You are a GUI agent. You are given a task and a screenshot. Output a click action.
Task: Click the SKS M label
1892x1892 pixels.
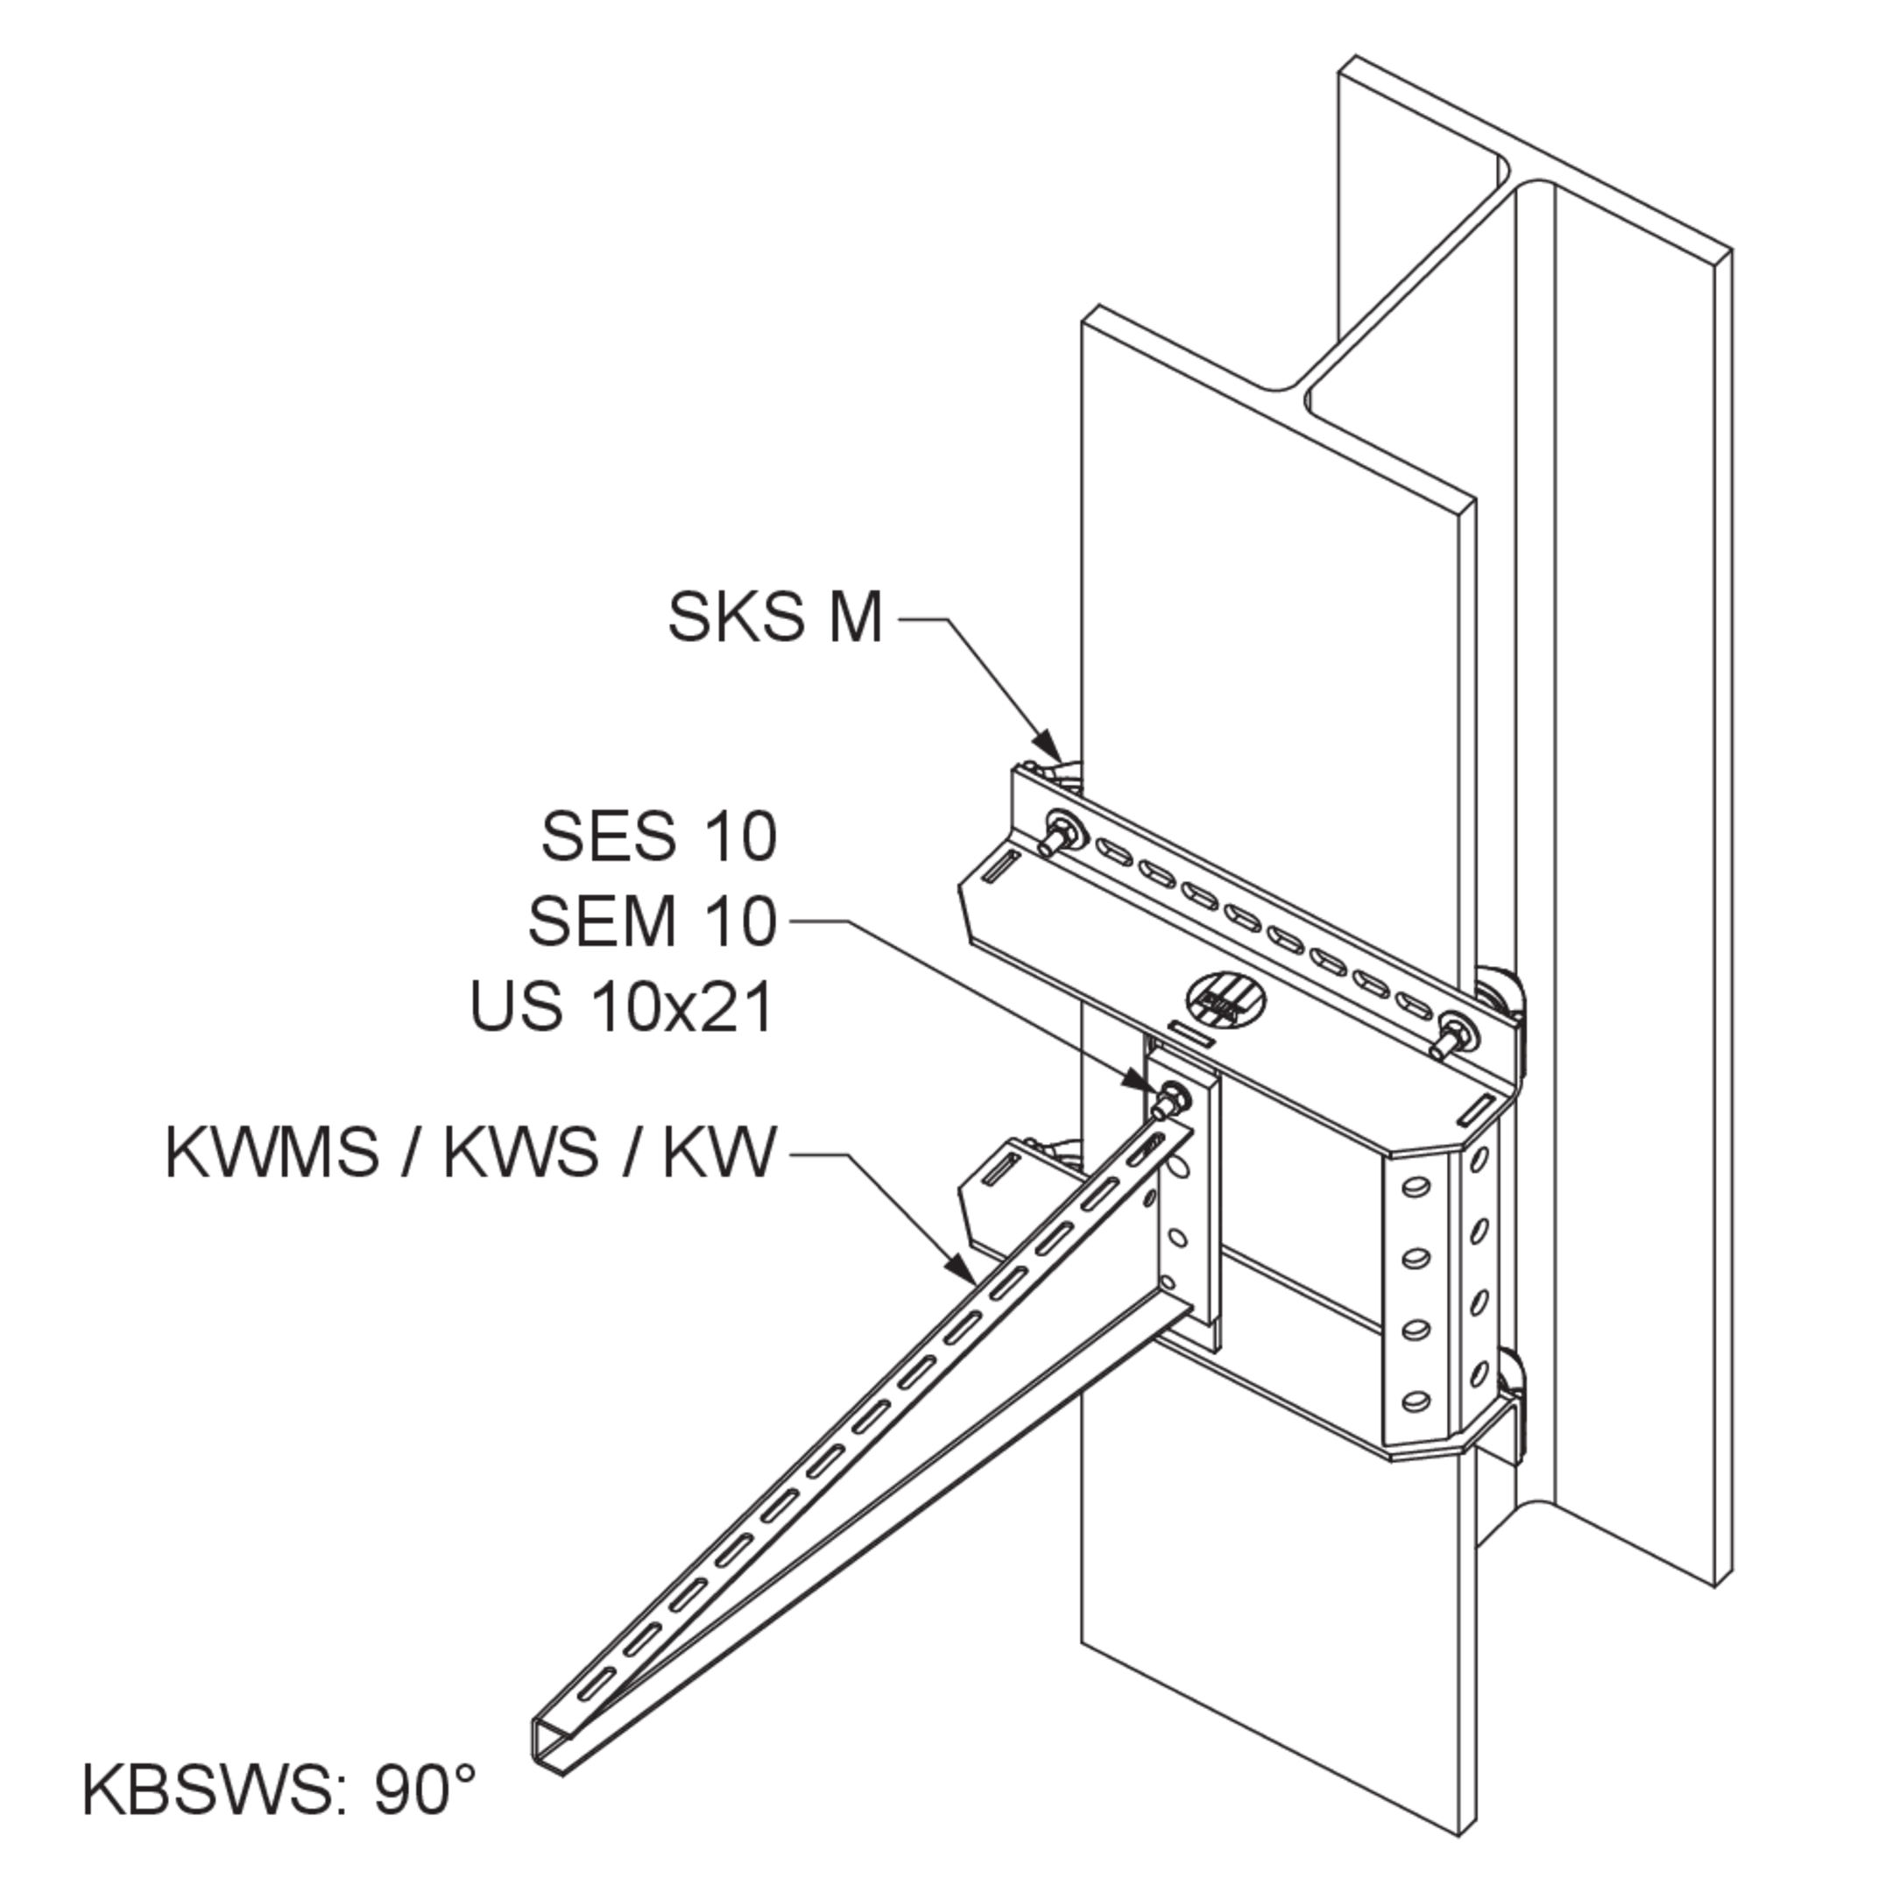pyautogui.click(x=774, y=617)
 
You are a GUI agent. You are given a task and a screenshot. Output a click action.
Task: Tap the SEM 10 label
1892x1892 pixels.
pyautogui.click(x=653, y=921)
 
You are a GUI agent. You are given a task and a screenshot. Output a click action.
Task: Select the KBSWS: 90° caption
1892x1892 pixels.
pyautogui.click(x=279, y=1817)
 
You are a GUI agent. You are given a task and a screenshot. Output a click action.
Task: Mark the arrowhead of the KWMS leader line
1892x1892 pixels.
pyautogui.click(x=962, y=1267)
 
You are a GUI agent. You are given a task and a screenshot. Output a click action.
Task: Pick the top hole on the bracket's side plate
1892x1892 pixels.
pyautogui.click(x=1414, y=1188)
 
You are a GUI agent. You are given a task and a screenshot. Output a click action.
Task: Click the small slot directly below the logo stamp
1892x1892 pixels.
pyautogui.click(x=1192, y=1035)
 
